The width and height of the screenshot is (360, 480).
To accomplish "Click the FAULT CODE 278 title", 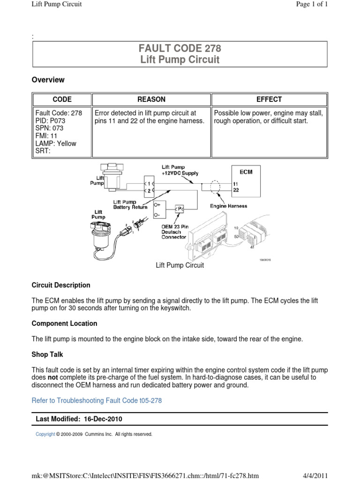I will tap(180, 48).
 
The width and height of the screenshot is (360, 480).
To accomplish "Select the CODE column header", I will tap(62, 99).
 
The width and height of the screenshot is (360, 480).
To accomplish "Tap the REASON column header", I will tap(151, 99).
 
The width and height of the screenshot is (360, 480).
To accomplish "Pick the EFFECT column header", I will tap(269, 99).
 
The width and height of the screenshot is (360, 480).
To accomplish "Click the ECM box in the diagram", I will tap(246, 172).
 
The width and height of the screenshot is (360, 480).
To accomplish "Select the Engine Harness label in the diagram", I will tap(228, 206).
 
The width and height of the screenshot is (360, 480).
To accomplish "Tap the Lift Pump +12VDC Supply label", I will tap(180, 170).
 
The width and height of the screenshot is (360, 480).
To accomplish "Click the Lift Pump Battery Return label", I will tap(130, 204).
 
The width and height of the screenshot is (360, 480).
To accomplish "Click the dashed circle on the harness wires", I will tap(215, 187).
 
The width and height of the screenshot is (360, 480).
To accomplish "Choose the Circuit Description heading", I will tap(61, 285).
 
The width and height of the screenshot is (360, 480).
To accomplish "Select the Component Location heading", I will tap(64, 323).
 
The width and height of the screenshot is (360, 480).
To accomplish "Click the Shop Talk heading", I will tap(47, 354).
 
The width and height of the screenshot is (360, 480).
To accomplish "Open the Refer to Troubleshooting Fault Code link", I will tap(97, 400).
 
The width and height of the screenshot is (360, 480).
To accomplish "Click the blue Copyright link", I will tap(45, 435).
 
